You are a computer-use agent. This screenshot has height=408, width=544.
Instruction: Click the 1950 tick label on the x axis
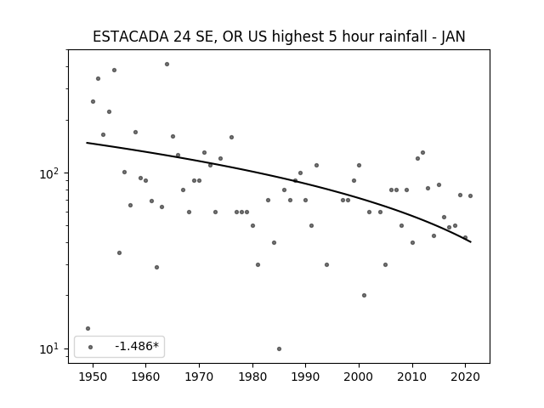(93, 377)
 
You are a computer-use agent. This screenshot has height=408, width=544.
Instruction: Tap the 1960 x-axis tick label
(145, 377)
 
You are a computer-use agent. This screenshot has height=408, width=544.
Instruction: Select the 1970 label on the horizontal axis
(199, 377)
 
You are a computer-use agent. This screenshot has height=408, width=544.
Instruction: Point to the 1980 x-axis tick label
(252, 377)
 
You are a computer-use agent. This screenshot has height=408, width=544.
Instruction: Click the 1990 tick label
(306, 377)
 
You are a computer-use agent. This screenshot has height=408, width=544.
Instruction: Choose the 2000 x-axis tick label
(359, 377)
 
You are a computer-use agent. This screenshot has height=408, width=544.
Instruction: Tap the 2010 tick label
(412, 377)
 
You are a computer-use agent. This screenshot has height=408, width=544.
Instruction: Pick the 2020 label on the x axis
(466, 377)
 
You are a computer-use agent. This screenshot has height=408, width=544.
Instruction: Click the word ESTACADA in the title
(131, 37)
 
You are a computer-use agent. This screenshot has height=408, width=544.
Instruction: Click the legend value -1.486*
(137, 346)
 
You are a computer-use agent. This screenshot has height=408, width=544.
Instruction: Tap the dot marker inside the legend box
(91, 347)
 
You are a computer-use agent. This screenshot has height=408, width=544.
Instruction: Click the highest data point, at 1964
(167, 65)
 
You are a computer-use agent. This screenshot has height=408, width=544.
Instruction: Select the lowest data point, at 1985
(280, 348)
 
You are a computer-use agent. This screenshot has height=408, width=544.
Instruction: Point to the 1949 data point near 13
(88, 329)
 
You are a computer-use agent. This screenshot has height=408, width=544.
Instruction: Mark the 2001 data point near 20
(365, 295)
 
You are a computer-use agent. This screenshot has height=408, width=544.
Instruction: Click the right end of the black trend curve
(471, 242)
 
